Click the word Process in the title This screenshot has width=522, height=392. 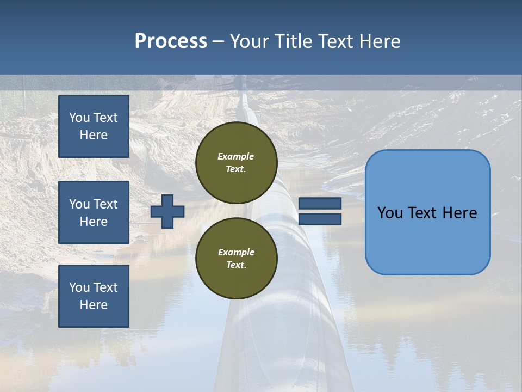(171, 41)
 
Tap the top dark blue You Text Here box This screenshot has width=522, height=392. (94, 126)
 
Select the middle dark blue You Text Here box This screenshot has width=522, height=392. (94, 212)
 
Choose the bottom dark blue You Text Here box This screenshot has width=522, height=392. (94, 296)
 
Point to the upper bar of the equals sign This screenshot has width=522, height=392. (320, 203)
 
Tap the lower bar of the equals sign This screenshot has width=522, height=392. (320, 219)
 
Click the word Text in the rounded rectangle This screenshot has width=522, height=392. (421, 213)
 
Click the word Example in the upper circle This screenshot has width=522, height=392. (236, 156)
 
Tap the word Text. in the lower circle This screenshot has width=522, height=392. (236, 265)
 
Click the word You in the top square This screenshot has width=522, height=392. (79, 118)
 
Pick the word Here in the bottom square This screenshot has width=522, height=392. (94, 305)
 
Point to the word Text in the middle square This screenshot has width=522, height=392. (105, 204)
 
